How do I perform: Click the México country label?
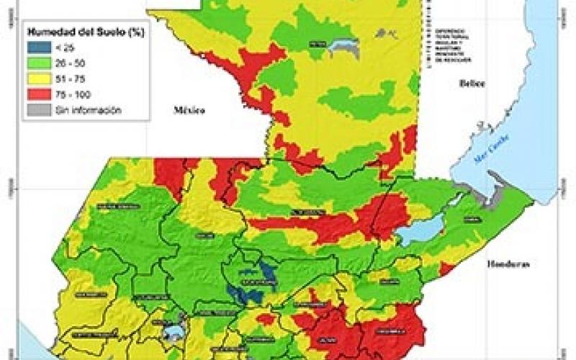[x=189, y=110]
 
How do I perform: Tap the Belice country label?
[x=472, y=84]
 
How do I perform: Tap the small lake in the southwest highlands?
[x=174, y=330]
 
